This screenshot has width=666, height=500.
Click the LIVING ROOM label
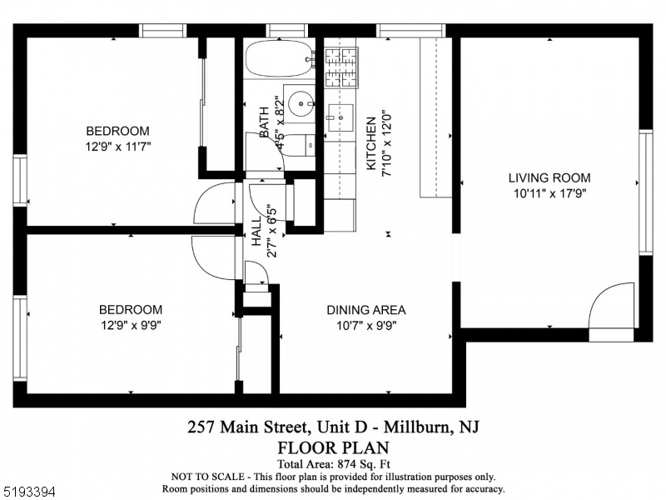click(x=549, y=177)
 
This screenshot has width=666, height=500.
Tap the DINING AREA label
click(x=366, y=310)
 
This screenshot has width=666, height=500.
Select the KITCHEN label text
click(x=371, y=143)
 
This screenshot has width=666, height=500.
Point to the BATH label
click(x=264, y=122)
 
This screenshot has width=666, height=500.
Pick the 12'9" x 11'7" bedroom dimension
click(x=118, y=147)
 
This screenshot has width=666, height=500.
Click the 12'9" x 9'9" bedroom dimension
click(x=131, y=325)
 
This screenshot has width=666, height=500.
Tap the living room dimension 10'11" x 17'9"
click(x=550, y=193)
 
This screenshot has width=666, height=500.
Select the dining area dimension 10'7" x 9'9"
click(x=366, y=326)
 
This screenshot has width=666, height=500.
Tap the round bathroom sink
click(x=301, y=103)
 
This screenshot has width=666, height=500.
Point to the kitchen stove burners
click(x=341, y=67)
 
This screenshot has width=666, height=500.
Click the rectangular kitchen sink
click(x=340, y=117)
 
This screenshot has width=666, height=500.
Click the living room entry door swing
click(x=612, y=306)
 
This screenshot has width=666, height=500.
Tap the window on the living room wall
click(x=646, y=192)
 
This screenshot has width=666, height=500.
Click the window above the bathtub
click(x=286, y=31)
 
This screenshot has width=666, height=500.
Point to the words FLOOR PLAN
click(x=334, y=447)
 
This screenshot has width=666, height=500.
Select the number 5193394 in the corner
click(x=28, y=492)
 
